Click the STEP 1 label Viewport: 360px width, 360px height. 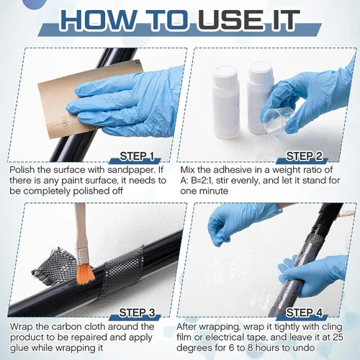click(x=137, y=156)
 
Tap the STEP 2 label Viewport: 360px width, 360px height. click(x=305, y=156)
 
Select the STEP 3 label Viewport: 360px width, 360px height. click(x=137, y=312)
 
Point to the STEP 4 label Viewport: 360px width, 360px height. click(x=305, y=312)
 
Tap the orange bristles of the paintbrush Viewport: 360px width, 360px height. click(x=86, y=274)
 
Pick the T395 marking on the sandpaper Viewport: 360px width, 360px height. click(x=63, y=122)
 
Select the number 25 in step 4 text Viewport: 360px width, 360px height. click(x=338, y=337)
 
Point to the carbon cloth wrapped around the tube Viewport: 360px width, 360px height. click(x=122, y=271)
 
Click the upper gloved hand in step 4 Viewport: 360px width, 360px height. click(x=238, y=223)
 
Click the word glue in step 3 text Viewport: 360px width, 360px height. click(x=19, y=348)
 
